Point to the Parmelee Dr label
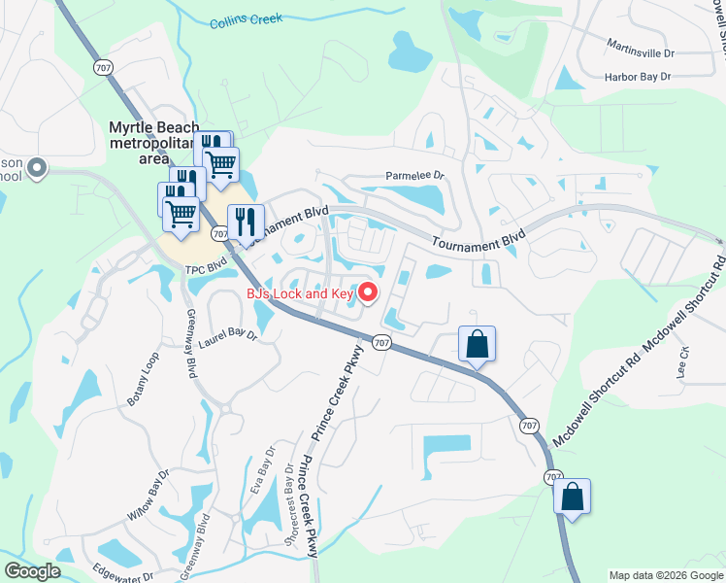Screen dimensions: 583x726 point(414,176)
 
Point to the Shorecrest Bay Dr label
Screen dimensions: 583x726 point(289,497)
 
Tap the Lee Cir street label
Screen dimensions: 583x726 point(683,362)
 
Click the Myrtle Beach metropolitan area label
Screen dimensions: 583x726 point(153,143)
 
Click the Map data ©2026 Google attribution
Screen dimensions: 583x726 point(666,576)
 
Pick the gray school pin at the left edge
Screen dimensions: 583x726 point(38,169)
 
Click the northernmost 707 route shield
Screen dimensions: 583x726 point(102,66)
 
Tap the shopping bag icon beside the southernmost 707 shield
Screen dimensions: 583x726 point(573,497)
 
